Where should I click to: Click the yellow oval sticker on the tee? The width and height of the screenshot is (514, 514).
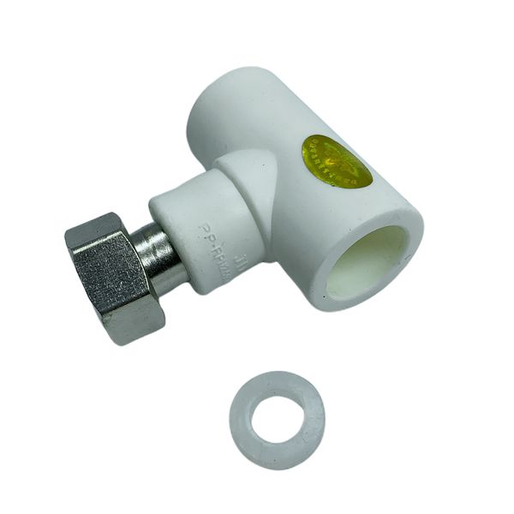point(337,163)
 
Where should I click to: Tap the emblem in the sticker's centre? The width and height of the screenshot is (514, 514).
point(334,161)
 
